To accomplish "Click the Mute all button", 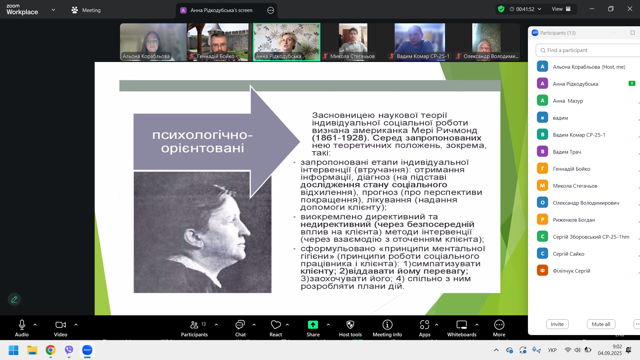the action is click(x=601, y=324).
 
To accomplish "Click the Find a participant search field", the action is click(x=588, y=50).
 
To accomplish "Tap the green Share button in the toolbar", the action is click(x=313, y=325).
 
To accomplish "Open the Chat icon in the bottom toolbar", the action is click(x=240, y=325).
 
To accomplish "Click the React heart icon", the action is click(x=276, y=325).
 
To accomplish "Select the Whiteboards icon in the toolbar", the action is click(x=462, y=325).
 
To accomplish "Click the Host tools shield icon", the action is click(x=350, y=325).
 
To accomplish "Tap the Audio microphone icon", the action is click(x=22, y=325).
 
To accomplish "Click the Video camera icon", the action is click(x=61, y=325).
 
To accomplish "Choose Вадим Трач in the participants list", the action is click(x=567, y=152).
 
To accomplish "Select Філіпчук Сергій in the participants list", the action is click(x=571, y=271).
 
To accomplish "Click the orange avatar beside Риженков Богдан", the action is click(x=542, y=220).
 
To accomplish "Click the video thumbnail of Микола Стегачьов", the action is click(x=353, y=42).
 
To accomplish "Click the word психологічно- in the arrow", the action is click(x=203, y=135).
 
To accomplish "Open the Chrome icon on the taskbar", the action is click(x=51, y=350).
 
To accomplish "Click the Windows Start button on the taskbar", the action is click(x=13, y=350).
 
